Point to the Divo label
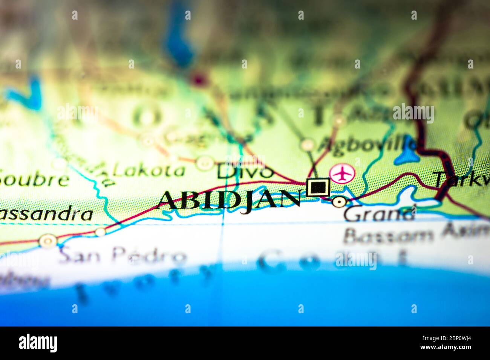(x=245, y=172)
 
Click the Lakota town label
(x=149, y=171)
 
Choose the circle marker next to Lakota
(x=205, y=163)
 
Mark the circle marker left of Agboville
(x=307, y=144)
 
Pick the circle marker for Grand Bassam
(x=339, y=202)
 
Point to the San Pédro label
(x=122, y=256)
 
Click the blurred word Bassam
(x=388, y=235)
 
